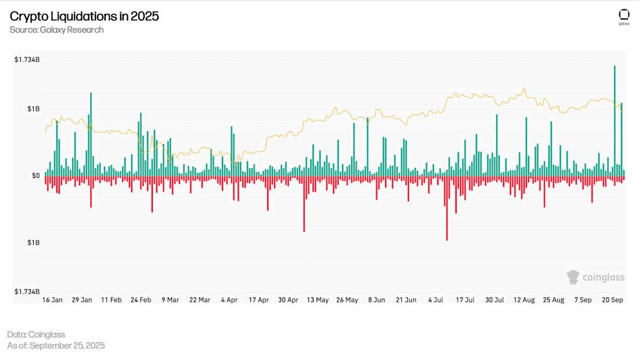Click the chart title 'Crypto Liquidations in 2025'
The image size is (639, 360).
84,16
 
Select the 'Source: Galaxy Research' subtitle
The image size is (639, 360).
56,30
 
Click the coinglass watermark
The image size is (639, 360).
596,277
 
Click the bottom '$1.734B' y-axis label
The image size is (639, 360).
27,291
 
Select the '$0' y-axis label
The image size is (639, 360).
35,175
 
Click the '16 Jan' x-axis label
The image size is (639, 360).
53,300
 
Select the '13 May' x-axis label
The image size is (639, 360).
318,300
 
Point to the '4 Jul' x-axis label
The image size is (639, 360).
436,300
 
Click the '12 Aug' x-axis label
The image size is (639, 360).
525,300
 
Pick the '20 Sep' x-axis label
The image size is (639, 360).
613,300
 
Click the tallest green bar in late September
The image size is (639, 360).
615,116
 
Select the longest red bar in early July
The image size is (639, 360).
447,209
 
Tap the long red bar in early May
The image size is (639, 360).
304,204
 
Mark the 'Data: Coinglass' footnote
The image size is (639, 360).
36,334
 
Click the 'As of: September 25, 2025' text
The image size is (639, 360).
56,345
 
